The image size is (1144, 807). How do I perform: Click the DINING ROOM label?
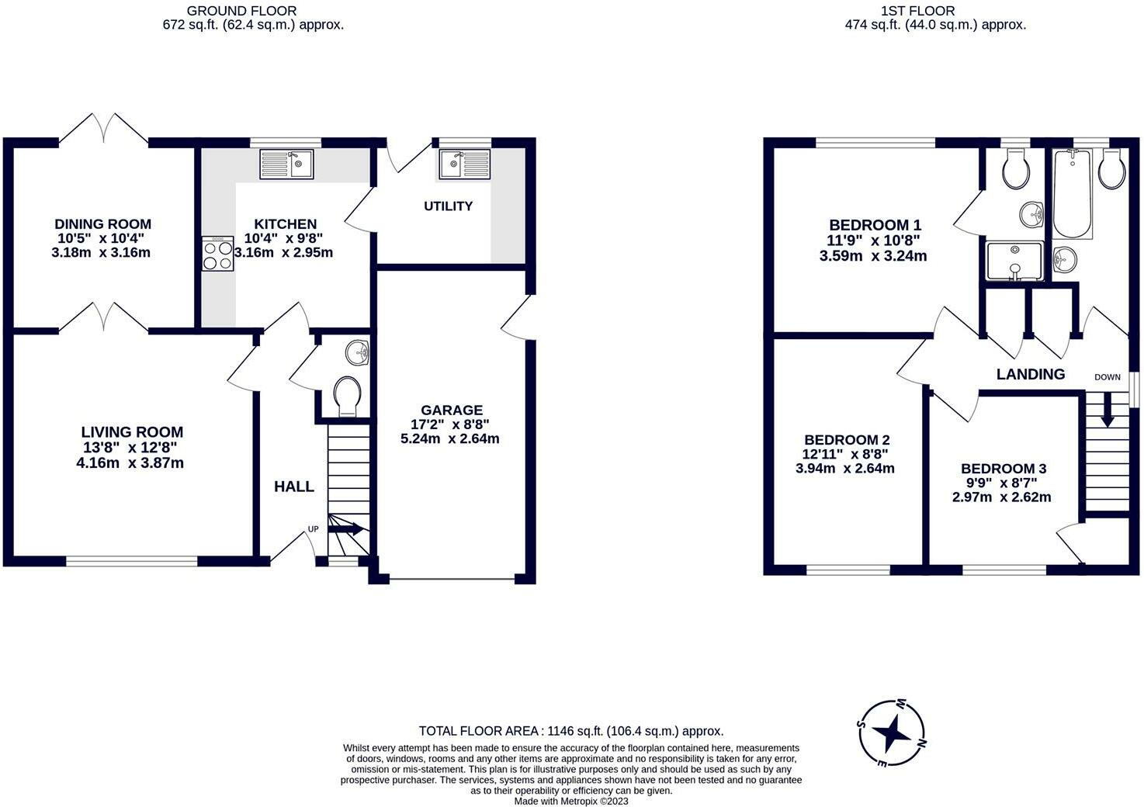(x=102, y=224)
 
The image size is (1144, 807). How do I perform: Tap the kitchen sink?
(x=286, y=165)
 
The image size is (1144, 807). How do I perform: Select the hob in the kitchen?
(x=217, y=254)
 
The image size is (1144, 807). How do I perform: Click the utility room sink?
(x=464, y=164)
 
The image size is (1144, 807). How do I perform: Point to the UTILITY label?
(x=448, y=206)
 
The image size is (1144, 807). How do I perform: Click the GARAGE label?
(x=452, y=410)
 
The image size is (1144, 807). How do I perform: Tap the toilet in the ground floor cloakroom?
(x=346, y=395)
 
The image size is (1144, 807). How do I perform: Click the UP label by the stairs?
(x=314, y=529)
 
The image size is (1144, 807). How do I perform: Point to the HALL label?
(x=294, y=487)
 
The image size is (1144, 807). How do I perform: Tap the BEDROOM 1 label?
(x=875, y=224)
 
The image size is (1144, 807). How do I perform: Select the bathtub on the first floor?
(x=1073, y=194)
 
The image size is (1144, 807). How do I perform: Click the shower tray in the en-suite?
(x=1014, y=260)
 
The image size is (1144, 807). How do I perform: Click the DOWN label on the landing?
(x=1108, y=377)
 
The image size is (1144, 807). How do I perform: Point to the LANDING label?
(x=1031, y=374)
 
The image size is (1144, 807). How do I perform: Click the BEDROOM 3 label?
(x=1004, y=469)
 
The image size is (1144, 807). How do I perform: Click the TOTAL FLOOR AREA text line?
(x=571, y=731)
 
